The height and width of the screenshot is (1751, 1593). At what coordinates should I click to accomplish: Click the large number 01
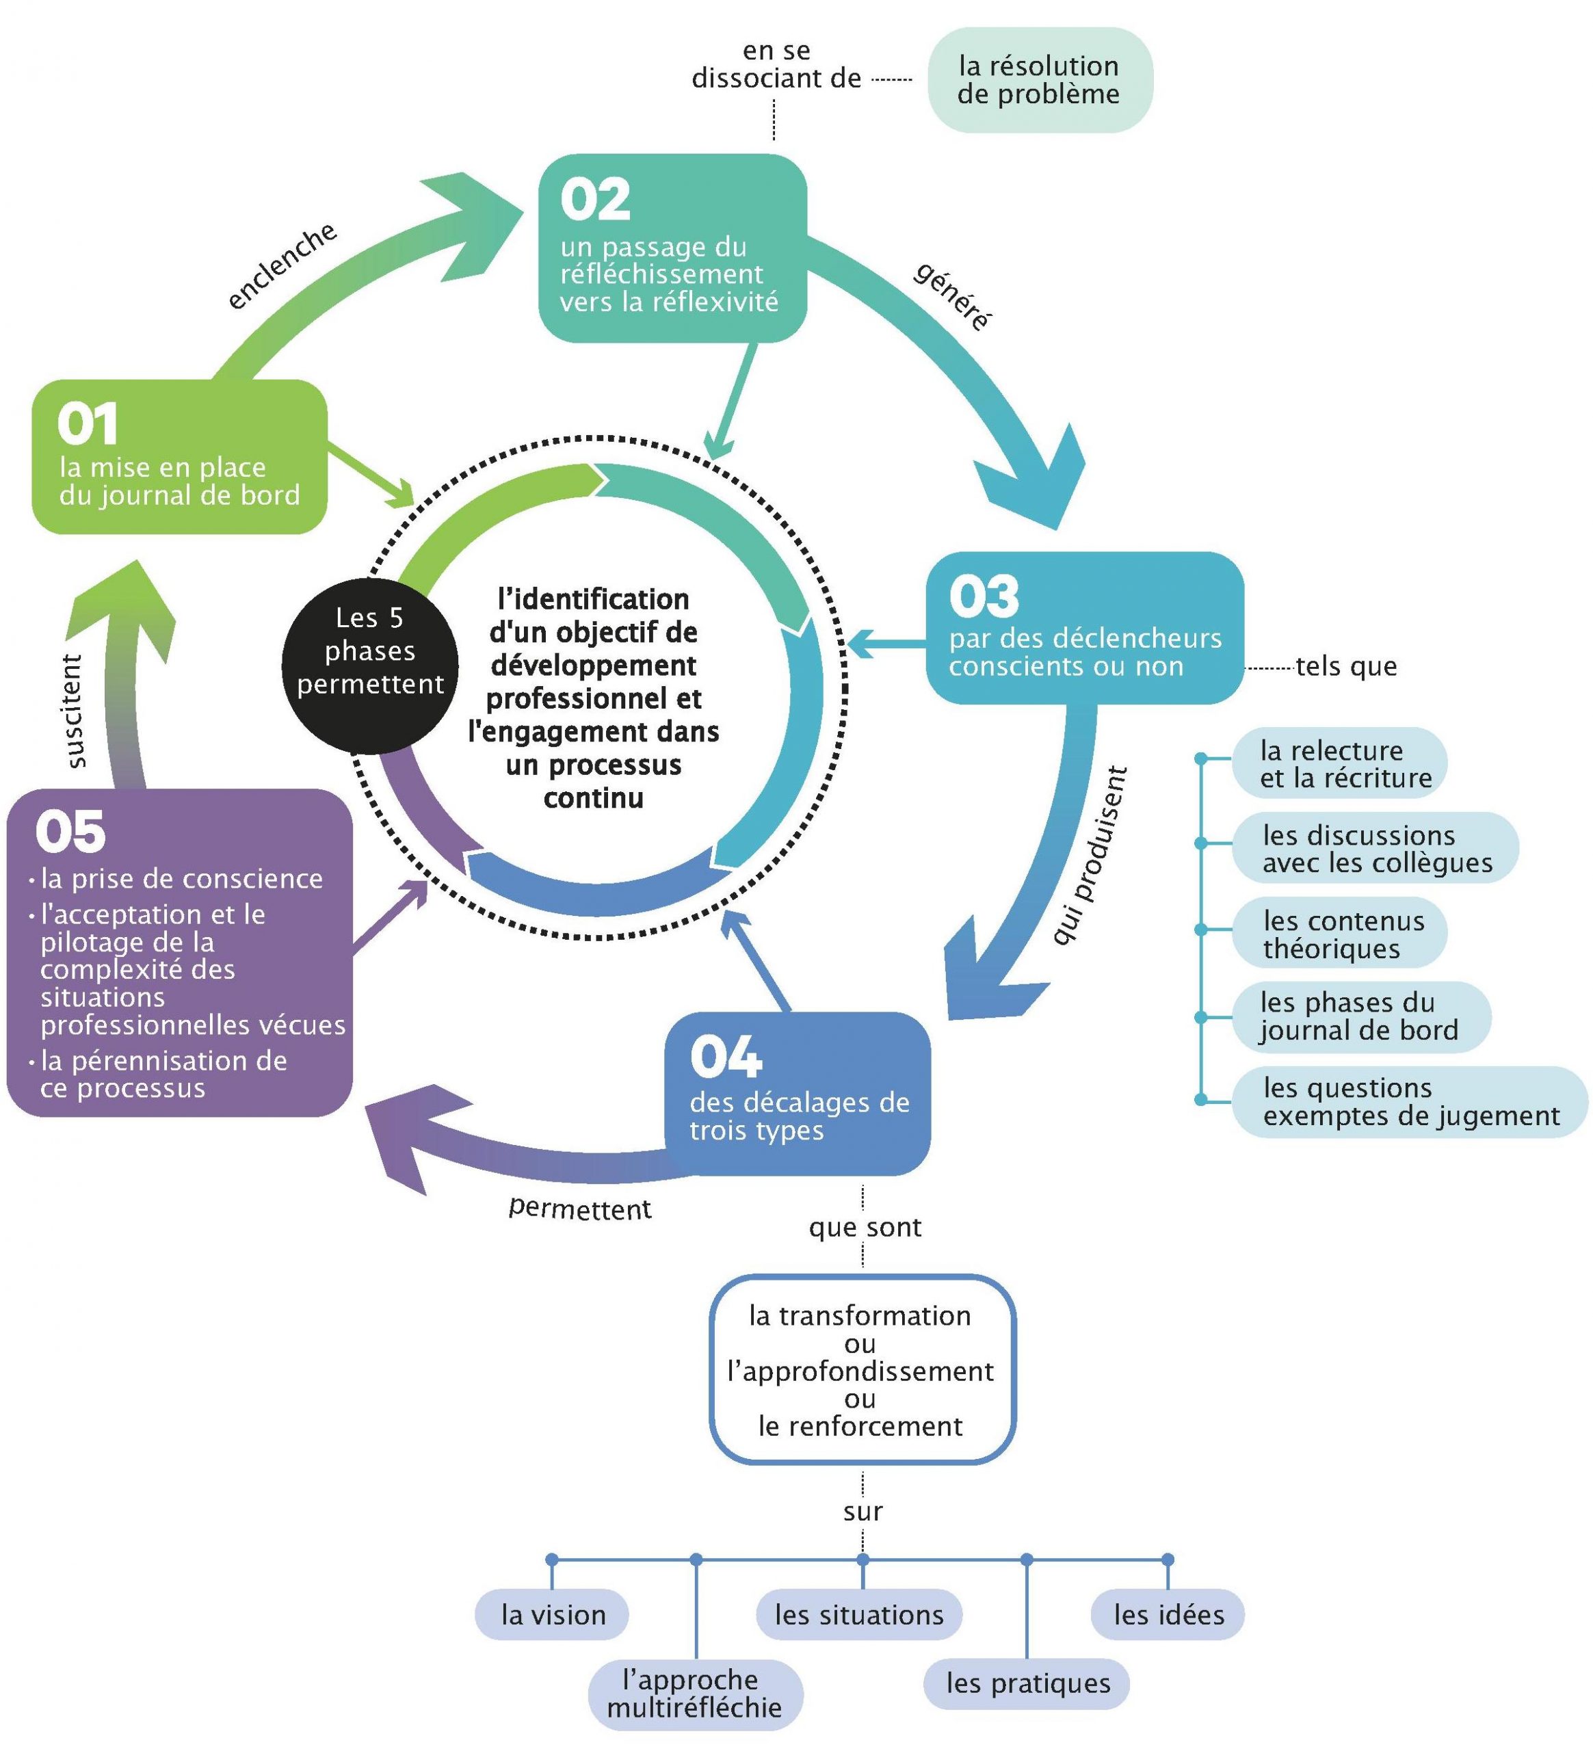[x=87, y=425]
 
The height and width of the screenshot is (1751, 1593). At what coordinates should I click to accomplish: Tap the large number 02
[x=595, y=200]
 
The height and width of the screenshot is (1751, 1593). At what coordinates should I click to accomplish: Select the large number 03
[x=984, y=596]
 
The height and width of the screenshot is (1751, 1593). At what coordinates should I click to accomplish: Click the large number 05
[x=70, y=832]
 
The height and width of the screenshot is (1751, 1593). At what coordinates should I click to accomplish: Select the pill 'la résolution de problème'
[x=1039, y=80]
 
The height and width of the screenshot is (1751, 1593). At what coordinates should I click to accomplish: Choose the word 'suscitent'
[x=75, y=711]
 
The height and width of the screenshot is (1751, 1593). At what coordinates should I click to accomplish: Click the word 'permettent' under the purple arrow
[x=579, y=1208]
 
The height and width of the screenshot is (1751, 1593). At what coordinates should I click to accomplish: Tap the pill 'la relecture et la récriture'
[x=1339, y=763]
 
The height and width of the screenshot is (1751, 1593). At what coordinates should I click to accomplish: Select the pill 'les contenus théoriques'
[x=1339, y=934]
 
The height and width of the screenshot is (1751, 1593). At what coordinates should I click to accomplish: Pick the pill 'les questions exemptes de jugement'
[x=1409, y=1101]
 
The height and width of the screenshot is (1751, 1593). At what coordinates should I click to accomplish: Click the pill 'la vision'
[x=553, y=1615]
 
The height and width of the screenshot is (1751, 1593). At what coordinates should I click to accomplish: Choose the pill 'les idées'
[x=1168, y=1615]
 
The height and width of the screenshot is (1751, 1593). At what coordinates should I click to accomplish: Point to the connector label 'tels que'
[x=1345, y=666]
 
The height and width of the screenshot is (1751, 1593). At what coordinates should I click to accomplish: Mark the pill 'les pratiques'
[x=1027, y=1683]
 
